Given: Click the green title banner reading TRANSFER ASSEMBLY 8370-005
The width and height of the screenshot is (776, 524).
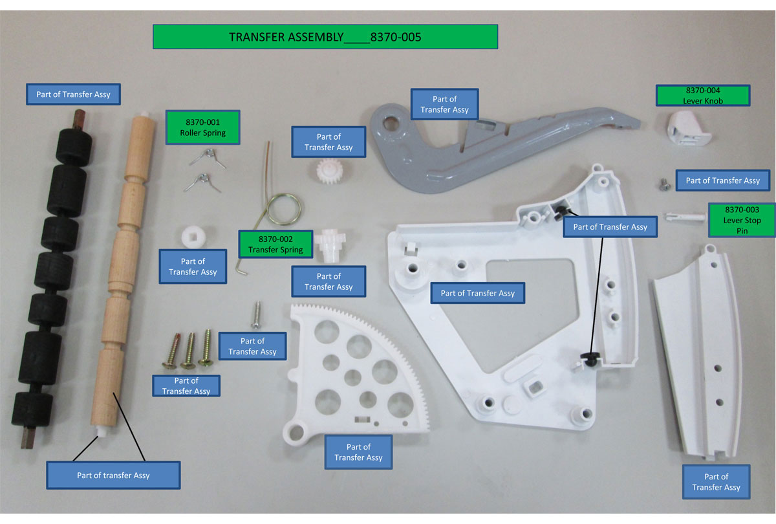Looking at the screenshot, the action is [325, 37].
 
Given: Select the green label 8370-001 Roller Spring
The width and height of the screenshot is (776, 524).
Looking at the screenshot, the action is [205, 127].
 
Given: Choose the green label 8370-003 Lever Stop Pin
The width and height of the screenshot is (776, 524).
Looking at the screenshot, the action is [742, 220].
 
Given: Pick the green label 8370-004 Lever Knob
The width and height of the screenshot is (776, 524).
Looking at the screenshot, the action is [703, 96].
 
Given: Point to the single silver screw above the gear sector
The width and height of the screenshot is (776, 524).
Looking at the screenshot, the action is [256, 314].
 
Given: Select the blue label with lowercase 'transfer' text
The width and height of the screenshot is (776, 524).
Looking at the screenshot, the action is [113, 475].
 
